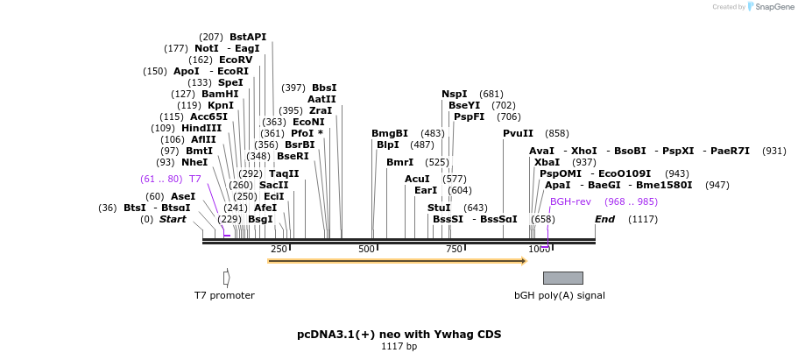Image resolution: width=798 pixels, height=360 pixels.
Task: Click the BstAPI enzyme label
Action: tap(248, 37)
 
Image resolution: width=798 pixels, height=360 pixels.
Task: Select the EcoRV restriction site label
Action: tap(236, 60)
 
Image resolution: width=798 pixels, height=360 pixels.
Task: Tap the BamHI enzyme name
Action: tap(220, 94)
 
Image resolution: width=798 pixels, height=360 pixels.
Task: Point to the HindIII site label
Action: tap(201, 128)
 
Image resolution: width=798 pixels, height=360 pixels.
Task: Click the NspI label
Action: tap(455, 94)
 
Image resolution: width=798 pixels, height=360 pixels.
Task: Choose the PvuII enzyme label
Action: tap(518, 133)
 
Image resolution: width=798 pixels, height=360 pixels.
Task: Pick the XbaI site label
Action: tap(547, 162)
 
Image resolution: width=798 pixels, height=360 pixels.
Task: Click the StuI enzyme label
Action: tap(439, 208)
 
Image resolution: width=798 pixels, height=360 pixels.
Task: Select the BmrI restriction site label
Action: tap(399, 162)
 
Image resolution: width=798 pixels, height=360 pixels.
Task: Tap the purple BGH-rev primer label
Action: tap(570, 201)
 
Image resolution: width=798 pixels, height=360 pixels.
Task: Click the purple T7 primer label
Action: tap(195, 179)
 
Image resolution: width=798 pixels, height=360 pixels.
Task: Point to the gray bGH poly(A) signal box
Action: tap(562, 278)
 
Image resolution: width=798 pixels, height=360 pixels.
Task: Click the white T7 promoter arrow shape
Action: tap(226, 278)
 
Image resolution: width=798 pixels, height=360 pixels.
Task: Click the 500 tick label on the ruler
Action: tap(366, 249)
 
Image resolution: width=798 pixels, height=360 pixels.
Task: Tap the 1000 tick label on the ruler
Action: tap(539, 249)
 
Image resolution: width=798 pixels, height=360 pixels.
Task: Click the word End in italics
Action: tap(604, 219)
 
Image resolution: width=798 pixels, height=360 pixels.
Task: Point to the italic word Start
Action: tap(173, 219)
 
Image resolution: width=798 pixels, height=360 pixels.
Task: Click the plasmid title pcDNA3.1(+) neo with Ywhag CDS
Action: tap(399, 334)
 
